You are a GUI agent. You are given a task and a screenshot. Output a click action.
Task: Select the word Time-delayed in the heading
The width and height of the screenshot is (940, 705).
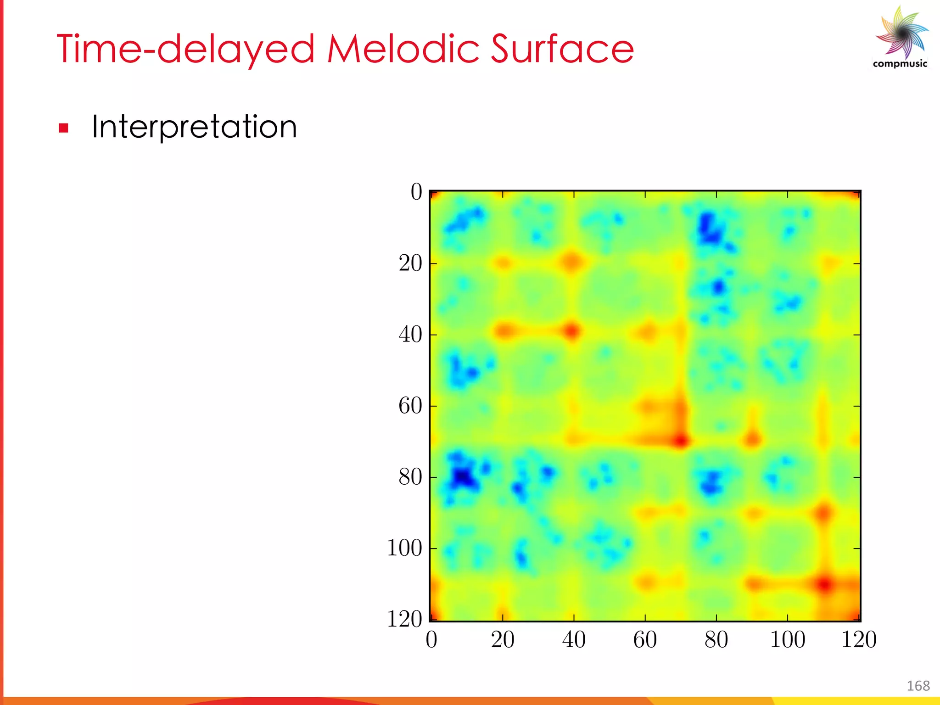tap(185, 50)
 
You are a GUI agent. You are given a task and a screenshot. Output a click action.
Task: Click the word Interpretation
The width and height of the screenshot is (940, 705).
tap(194, 127)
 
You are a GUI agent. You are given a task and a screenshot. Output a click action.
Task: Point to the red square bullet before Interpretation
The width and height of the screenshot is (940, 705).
tap(63, 128)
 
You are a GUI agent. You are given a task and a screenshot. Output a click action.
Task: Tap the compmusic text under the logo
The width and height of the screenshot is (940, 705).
tap(900, 64)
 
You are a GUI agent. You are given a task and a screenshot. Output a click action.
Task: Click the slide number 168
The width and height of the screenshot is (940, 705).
tap(918, 686)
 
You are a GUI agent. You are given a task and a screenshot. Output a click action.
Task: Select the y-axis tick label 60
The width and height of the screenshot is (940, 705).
tap(410, 406)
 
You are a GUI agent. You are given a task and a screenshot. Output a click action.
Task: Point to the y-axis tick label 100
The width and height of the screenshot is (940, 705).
tap(404, 548)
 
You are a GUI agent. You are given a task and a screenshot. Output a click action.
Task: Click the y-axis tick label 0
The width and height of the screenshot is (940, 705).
tap(416, 192)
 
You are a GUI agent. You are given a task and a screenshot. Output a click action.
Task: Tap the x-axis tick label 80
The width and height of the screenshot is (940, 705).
tap(716, 640)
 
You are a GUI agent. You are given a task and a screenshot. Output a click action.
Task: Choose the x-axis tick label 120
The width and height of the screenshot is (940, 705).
tap(858, 640)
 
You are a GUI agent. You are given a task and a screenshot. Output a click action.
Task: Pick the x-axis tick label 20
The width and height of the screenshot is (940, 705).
tap(503, 640)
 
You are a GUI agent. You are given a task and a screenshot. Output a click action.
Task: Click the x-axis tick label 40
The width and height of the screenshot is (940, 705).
tap(574, 640)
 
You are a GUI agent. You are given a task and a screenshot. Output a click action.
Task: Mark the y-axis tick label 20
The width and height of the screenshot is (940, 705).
tap(410, 263)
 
